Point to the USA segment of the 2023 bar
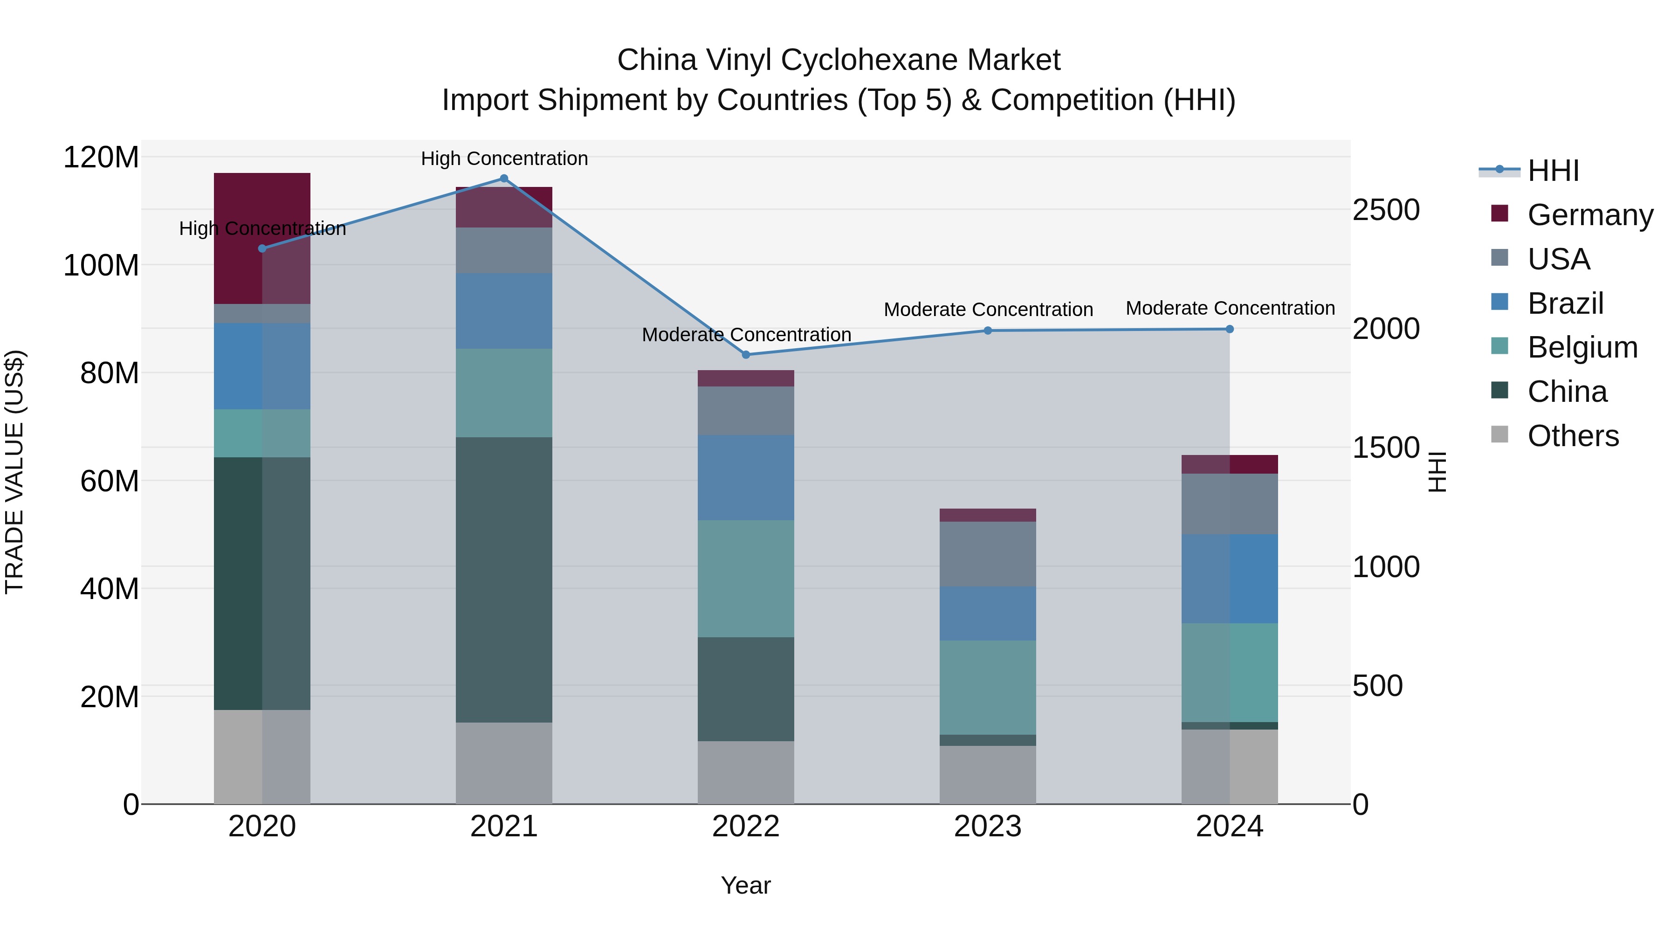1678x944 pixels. (x=988, y=554)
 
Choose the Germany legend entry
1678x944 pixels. (x=1589, y=215)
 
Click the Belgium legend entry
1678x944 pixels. (x=1582, y=347)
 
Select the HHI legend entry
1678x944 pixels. (x=1553, y=171)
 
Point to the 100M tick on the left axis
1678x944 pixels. (x=101, y=266)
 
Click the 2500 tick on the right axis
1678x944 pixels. (x=1386, y=210)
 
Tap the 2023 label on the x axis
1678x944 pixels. (x=988, y=827)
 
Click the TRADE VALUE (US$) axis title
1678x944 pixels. (x=14, y=472)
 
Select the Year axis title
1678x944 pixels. (x=746, y=885)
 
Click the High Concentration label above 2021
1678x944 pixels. (x=504, y=158)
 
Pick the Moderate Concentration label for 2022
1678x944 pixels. (x=747, y=334)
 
